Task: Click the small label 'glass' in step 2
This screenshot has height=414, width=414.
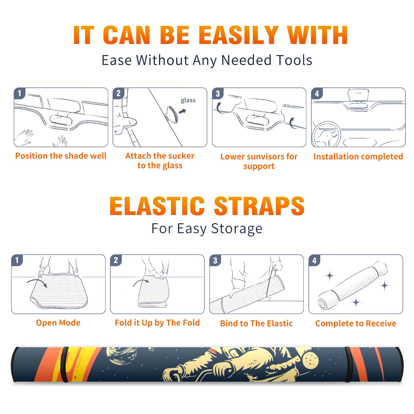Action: pyautogui.click(x=188, y=100)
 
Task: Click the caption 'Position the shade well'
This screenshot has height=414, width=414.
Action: pyautogui.click(x=61, y=156)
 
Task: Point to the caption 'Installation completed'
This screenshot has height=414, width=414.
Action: pyautogui.click(x=358, y=157)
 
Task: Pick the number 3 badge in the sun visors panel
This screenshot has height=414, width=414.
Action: pyautogui.click(x=218, y=93)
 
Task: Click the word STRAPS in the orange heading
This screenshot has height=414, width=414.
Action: pyautogui.click(x=259, y=206)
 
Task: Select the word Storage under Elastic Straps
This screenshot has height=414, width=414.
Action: pyautogui.click(x=237, y=229)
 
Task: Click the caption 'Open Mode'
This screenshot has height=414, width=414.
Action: pyautogui.click(x=58, y=323)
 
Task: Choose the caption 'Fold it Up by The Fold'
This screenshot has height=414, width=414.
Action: pyautogui.click(x=157, y=323)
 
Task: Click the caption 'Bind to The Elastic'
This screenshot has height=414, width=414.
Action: pyautogui.click(x=256, y=323)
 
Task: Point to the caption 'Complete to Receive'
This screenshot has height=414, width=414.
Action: pyautogui.click(x=356, y=323)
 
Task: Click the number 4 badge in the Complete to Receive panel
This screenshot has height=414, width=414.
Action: pyautogui.click(x=314, y=260)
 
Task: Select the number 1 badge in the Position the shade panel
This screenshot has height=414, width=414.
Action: pyautogui.click(x=19, y=93)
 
